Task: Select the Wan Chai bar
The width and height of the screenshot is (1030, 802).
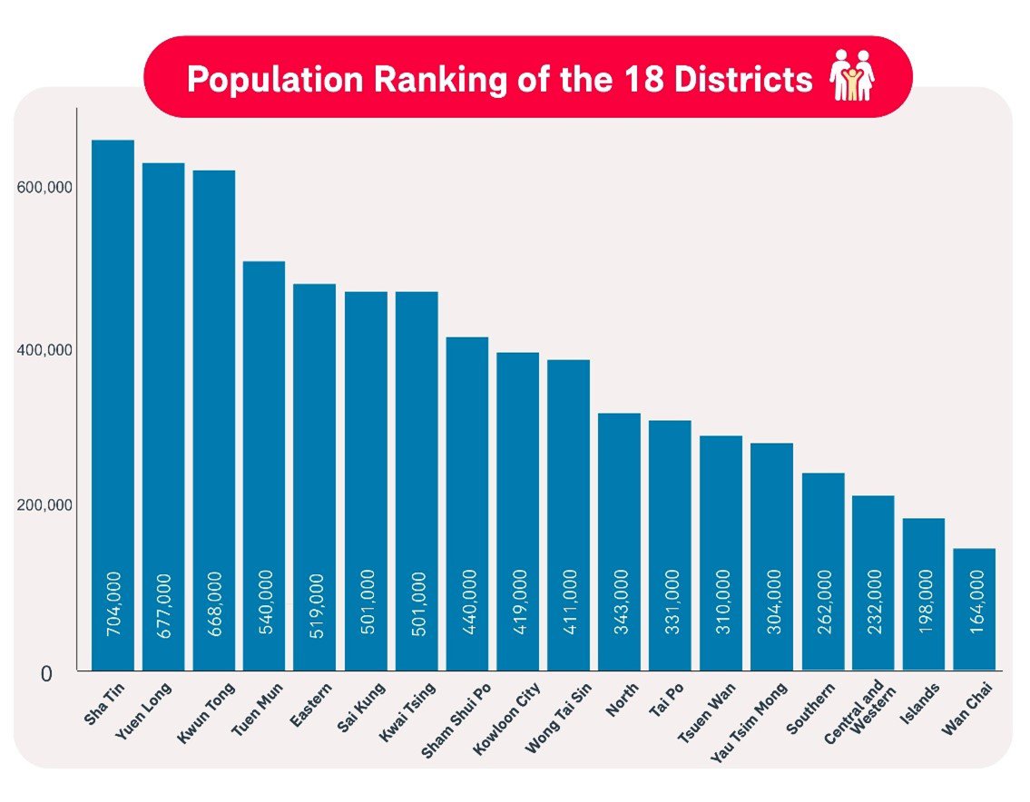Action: coord(974,608)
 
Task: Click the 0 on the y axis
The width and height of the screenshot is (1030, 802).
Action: coord(46,673)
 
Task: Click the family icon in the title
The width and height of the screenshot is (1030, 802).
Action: coord(852,76)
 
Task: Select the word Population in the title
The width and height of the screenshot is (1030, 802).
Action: coord(259,79)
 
